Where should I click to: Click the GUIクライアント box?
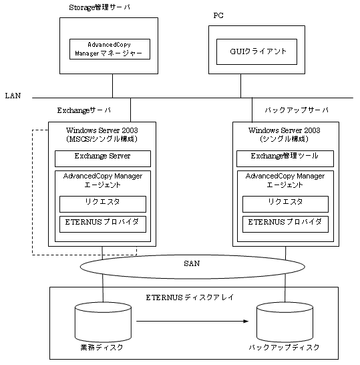coord(256,51)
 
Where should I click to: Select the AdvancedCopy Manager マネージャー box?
coord(110,49)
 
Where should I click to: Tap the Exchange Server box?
coord(103,158)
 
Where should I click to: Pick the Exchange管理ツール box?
coord(285,158)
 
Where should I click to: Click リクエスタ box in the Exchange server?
coord(103,204)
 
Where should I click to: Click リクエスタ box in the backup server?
coord(285,204)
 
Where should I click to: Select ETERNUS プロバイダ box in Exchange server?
coord(103,224)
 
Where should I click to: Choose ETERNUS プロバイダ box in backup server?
coord(285,224)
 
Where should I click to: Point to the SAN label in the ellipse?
coord(192,263)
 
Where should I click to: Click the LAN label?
coord(13,96)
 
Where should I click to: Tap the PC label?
coord(218,15)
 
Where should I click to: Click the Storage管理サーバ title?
coord(100,7)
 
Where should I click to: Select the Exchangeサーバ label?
coord(84,110)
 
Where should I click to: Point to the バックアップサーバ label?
coord(297,110)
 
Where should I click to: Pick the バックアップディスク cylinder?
coord(285,322)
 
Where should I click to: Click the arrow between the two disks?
coord(192,322)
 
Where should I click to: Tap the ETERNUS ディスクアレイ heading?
coord(190,297)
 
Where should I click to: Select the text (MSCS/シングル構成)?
coord(102,139)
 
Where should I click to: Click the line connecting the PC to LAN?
coord(240,86)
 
